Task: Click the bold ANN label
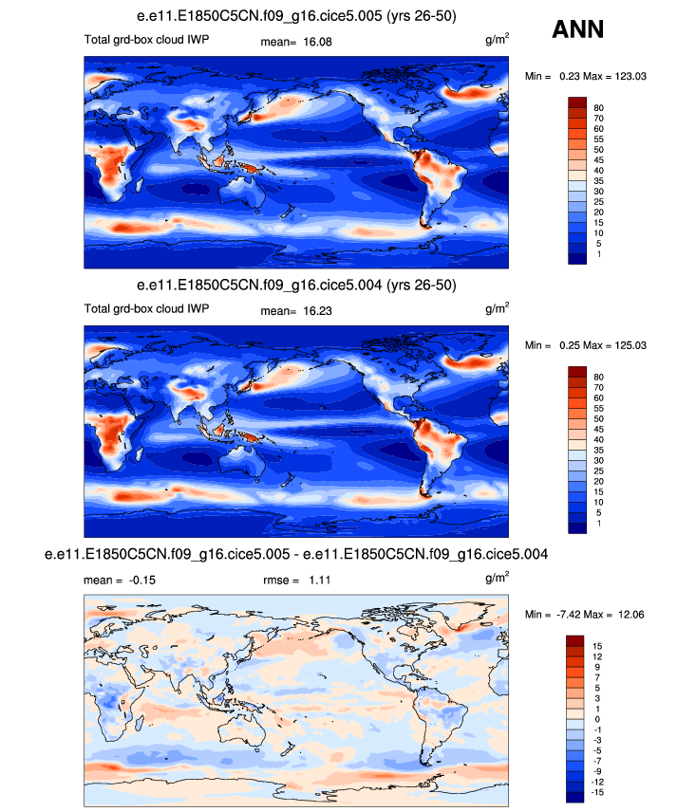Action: pos(577,30)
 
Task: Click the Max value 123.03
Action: pos(628,76)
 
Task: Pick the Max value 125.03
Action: pos(628,343)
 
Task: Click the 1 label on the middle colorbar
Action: pos(598,523)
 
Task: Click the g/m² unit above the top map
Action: pos(497,41)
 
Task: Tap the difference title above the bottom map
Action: pos(296,552)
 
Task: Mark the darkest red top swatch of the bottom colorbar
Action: pos(578,642)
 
